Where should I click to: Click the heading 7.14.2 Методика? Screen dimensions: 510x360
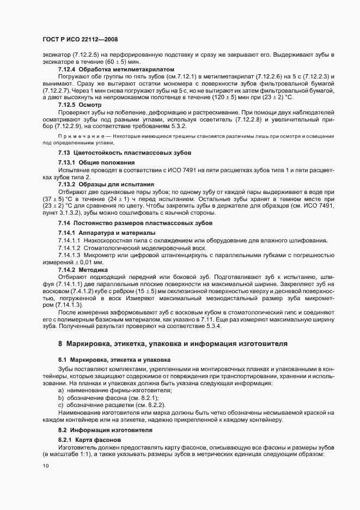(83, 270)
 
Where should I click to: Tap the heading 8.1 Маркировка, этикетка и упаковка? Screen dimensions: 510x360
(114, 360)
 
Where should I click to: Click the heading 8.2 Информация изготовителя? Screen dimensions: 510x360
(105, 430)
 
